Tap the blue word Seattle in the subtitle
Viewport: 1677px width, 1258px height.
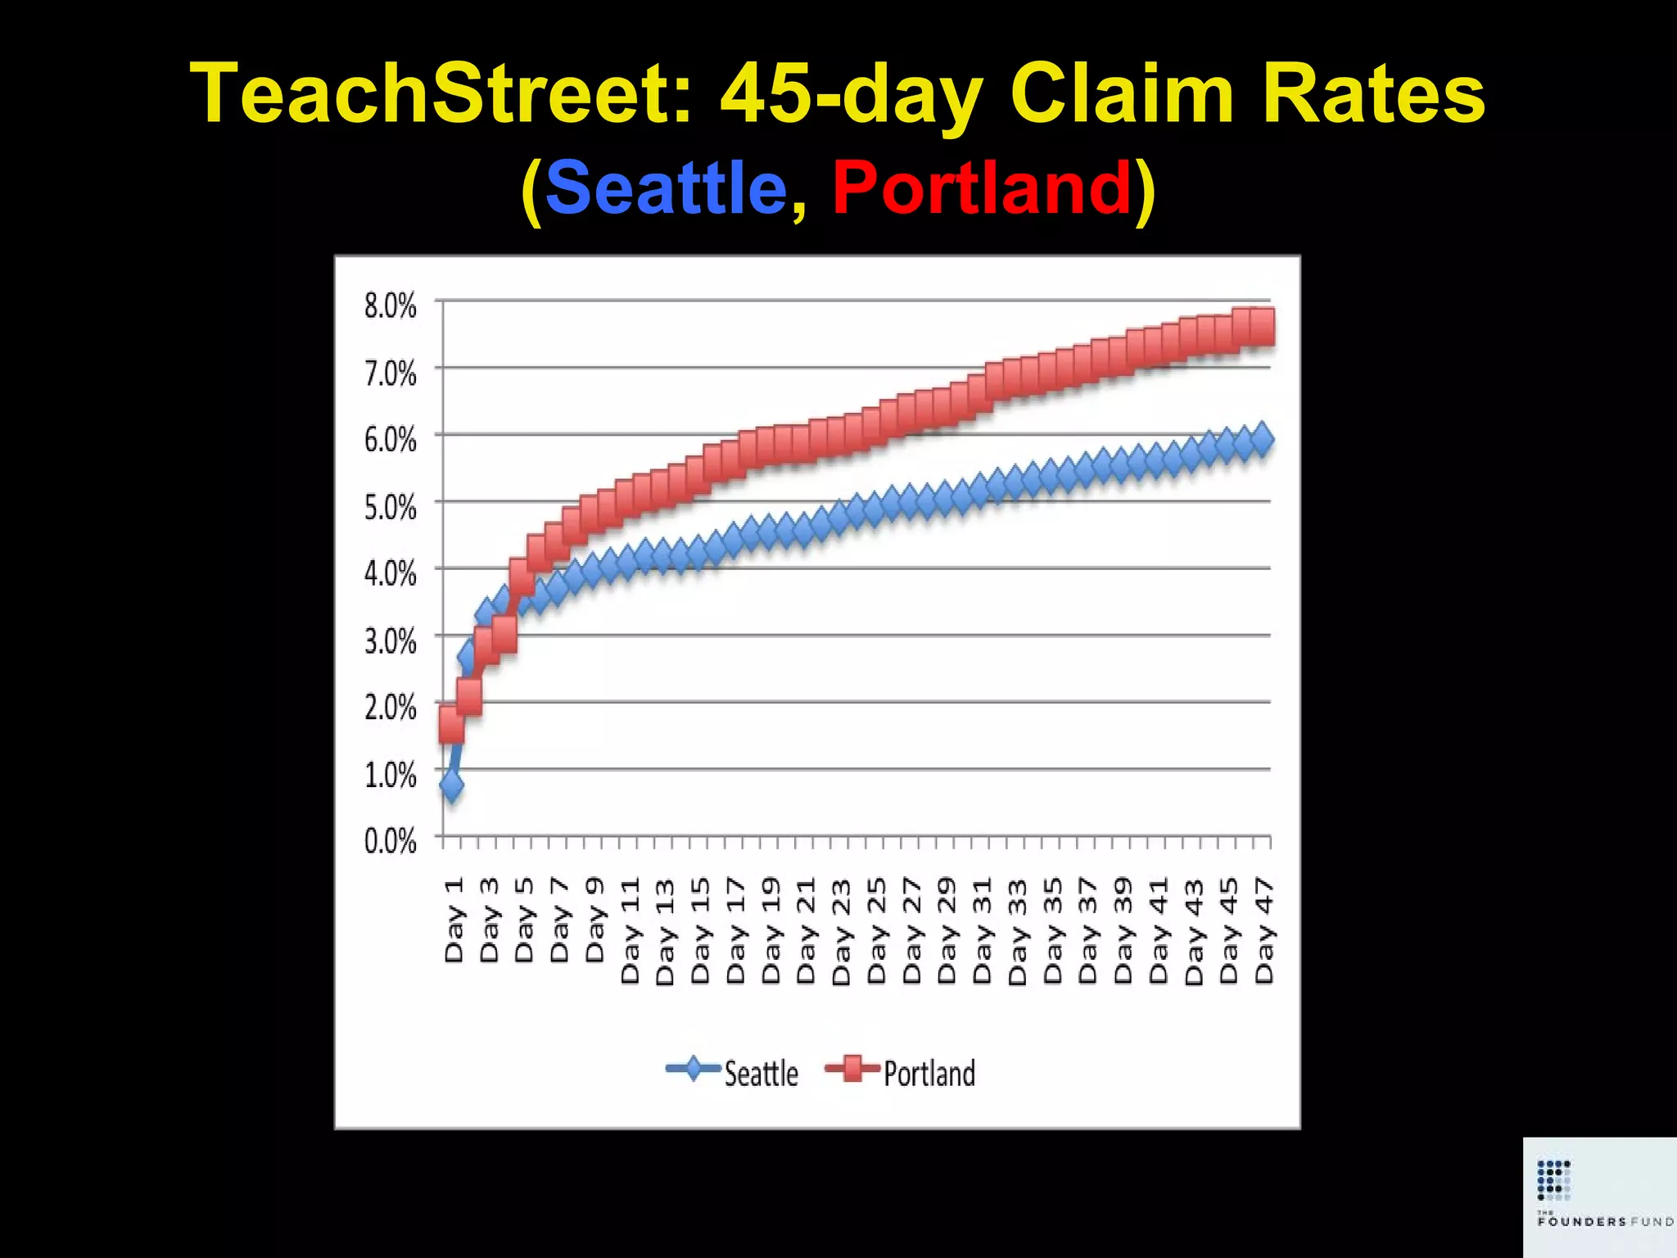pyautogui.click(x=665, y=188)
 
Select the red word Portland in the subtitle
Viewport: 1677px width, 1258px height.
pyautogui.click(x=982, y=188)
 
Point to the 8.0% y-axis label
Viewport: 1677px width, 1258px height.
pyautogui.click(x=390, y=306)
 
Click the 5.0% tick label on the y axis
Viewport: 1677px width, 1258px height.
pyautogui.click(x=390, y=508)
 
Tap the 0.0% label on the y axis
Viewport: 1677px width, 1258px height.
pyautogui.click(x=390, y=841)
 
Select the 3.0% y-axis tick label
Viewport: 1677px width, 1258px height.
pyautogui.click(x=390, y=641)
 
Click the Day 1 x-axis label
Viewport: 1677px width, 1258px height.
pyautogui.click(x=454, y=919)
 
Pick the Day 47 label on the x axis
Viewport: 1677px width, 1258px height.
pyautogui.click(x=1264, y=930)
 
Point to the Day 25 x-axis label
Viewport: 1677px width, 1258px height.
pyautogui.click(x=876, y=930)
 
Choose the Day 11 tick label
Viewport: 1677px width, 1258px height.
pyautogui.click(x=630, y=930)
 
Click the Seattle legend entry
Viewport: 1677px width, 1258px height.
pyautogui.click(x=733, y=1073)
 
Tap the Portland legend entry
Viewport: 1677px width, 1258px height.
pyautogui.click(x=901, y=1073)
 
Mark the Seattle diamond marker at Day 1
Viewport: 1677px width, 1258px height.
pyautogui.click(x=451, y=786)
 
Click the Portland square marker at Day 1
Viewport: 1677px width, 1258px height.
pyautogui.click(x=451, y=724)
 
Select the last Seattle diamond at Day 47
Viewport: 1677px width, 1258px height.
pyautogui.click(x=1262, y=439)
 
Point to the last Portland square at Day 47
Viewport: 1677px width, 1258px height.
pyautogui.click(x=1262, y=327)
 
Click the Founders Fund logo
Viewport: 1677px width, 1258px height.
pyautogui.click(x=1599, y=1196)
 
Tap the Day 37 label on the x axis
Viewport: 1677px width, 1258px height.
pyautogui.click(x=1087, y=930)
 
